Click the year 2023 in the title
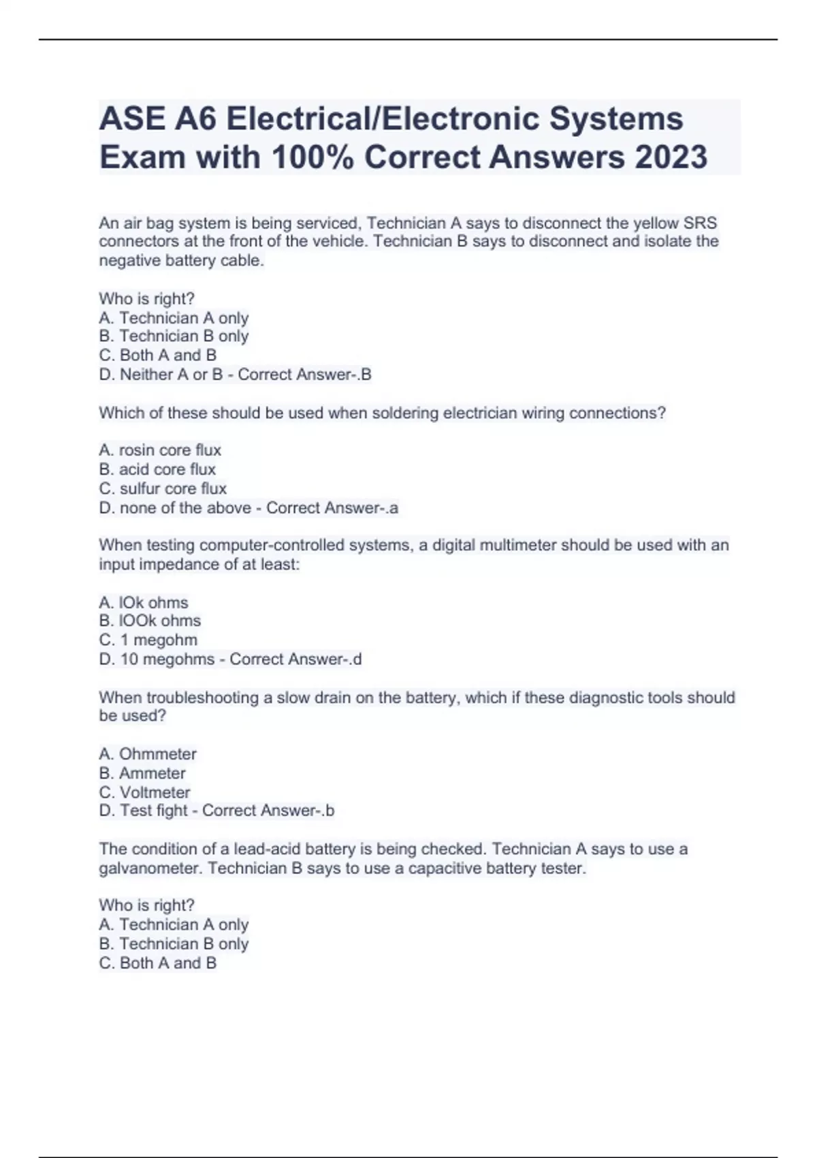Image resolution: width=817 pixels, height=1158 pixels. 671,157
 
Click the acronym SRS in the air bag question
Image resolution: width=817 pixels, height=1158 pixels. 700,223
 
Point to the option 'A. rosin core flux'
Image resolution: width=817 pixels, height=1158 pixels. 160,450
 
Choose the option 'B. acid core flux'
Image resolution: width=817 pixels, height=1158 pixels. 157,469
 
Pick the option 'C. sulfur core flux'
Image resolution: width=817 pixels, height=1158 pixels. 163,488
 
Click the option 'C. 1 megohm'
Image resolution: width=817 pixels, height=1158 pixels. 148,640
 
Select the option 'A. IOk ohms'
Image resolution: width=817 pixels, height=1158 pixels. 144,602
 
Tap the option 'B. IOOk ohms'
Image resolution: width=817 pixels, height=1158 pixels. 150,621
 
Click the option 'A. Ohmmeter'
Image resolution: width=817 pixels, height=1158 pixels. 148,754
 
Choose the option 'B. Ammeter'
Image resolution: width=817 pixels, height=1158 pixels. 142,773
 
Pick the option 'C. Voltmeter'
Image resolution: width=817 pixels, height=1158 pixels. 145,792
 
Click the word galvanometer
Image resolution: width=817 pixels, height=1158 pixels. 150,868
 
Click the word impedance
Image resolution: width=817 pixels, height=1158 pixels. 161,564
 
